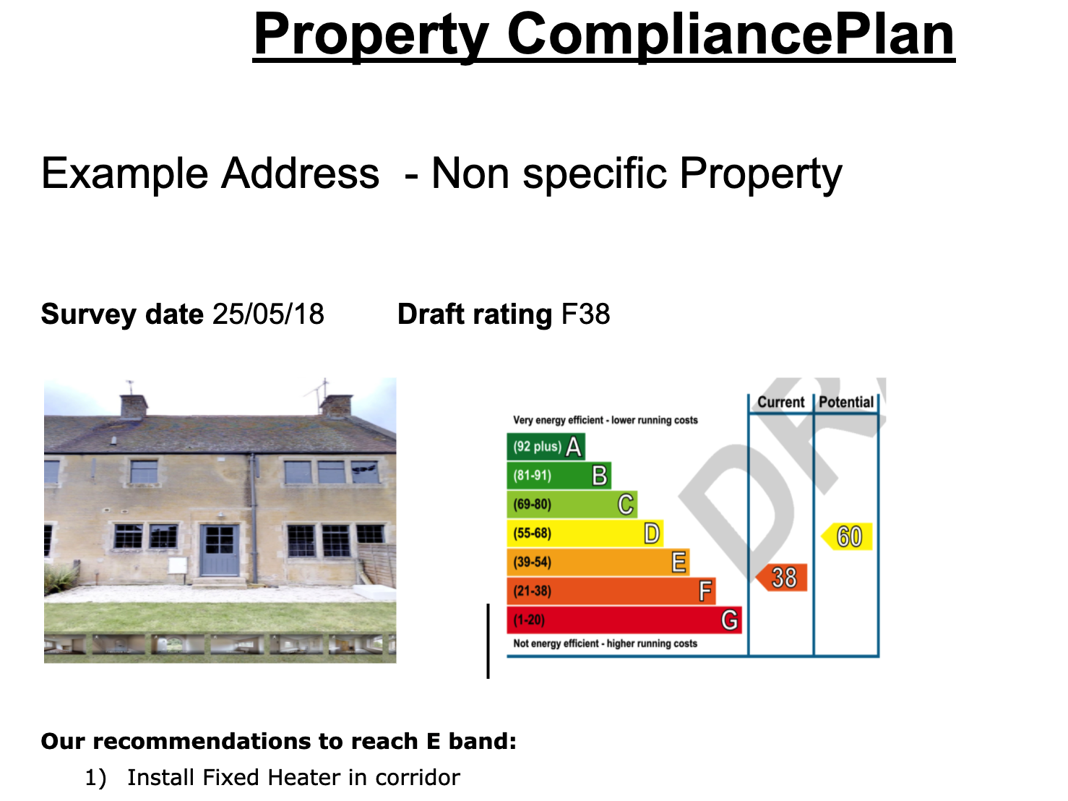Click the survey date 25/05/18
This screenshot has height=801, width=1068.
pyautogui.click(x=268, y=314)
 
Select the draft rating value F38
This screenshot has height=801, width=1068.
pyautogui.click(x=585, y=314)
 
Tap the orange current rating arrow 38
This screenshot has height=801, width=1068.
pyautogui.click(x=781, y=578)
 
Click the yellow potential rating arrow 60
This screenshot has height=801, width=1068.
pyautogui.click(x=847, y=536)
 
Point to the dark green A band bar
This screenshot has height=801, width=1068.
pyautogui.click(x=546, y=447)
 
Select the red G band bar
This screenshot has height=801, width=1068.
pyautogui.click(x=624, y=620)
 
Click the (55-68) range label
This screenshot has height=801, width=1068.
pyautogui.click(x=533, y=534)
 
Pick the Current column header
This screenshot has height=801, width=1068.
pyautogui.click(x=781, y=403)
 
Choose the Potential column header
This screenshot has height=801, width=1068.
pyautogui.click(x=846, y=403)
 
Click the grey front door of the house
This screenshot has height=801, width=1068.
pyautogui.click(x=220, y=550)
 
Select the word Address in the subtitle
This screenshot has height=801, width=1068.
pyautogui.click(x=300, y=174)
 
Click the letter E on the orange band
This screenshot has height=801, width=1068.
pyautogui.click(x=679, y=562)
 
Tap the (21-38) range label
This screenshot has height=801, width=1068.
pyautogui.click(x=533, y=591)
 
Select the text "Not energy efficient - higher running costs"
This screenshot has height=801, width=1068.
pyautogui.click(x=606, y=644)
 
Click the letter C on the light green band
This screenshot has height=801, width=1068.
pyautogui.click(x=626, y=504)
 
